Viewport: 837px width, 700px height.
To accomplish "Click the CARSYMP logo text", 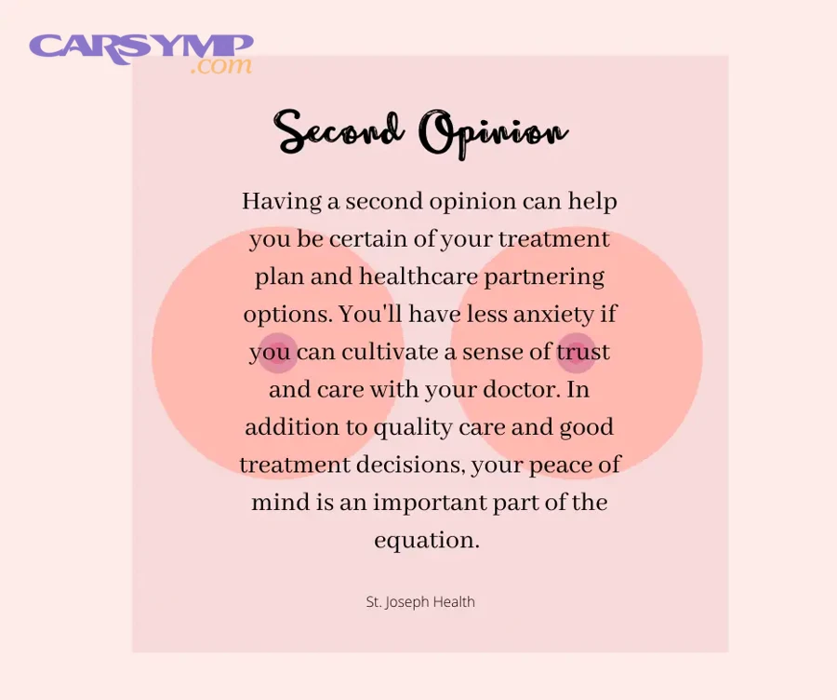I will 140,47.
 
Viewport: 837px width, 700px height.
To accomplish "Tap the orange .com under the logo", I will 220,67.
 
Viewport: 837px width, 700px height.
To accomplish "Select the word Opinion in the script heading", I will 493,133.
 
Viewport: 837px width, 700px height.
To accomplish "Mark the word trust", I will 583,352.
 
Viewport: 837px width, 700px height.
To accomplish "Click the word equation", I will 426,540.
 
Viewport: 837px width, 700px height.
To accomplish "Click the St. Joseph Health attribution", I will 420,601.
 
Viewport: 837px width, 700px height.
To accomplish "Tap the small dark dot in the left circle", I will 277,353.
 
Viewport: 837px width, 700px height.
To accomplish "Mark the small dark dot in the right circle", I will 576,353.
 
